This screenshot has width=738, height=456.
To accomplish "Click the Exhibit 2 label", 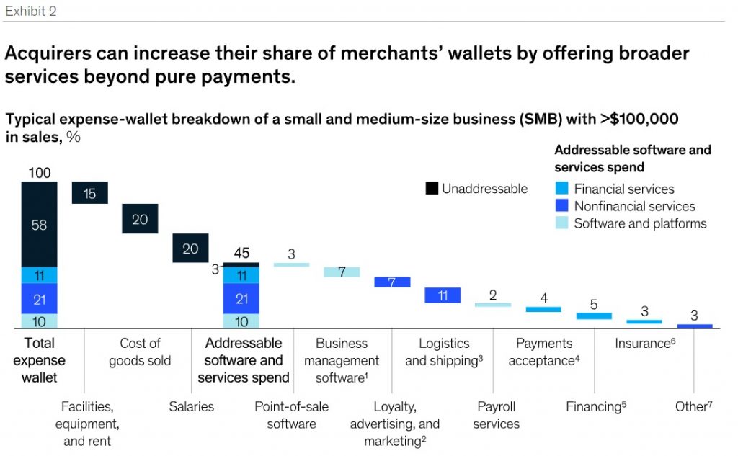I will [x=30, y=11].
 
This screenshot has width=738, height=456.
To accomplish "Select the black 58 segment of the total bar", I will [x=39, y=225].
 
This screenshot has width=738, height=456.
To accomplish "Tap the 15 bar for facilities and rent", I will [x=89, y=193].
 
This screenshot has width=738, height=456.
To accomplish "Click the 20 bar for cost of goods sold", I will [x=140, y=219].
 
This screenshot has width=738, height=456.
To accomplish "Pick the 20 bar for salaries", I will [x=190, y=248].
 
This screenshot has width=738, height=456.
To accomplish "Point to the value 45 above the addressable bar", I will [x=241, y=254].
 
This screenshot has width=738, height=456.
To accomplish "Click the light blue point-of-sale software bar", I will [x=291, y=264].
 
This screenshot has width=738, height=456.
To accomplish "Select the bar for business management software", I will [x=342, y=272].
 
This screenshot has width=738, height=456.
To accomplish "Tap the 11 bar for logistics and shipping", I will [x=443, y=295].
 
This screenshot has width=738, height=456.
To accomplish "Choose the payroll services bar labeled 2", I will [x=493, y=305].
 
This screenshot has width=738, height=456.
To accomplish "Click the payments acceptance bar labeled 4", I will [x=543, y=309].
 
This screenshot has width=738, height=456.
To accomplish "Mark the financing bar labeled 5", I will [x=594, y=316].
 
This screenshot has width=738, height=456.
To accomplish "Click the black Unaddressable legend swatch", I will [x=432, y=189].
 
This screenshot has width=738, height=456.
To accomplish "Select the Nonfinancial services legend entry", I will [x=624, y=206].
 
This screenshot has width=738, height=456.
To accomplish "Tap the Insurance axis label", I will [x=644, y=344].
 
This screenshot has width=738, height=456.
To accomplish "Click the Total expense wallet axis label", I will [x=39, y=359].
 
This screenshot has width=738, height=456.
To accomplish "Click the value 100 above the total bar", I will [x=39, y=173].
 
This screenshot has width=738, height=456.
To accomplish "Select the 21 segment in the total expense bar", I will [x=39, y=298].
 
